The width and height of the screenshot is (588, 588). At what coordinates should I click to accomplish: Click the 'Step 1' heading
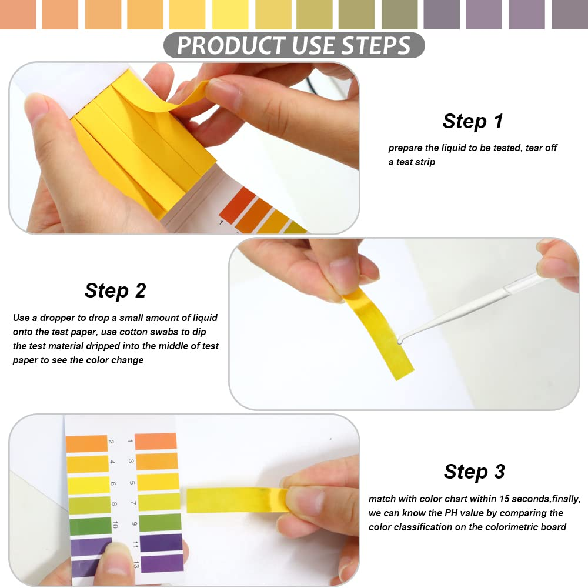(473, 121)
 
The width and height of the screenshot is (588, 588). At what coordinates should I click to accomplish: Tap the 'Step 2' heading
(115, 290)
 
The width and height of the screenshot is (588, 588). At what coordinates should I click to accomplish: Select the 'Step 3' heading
(474, 472)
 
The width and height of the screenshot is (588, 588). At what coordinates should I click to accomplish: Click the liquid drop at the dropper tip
(401, 340)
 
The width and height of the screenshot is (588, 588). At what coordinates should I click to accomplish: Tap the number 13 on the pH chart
(136, 565)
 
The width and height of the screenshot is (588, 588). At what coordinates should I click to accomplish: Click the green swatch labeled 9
(159, 522)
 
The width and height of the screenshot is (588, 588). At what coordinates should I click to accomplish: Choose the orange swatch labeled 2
(86, 444)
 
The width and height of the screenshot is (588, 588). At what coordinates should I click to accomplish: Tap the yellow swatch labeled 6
(89, 485)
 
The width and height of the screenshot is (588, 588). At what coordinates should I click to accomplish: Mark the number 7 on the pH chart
(132, 504)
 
